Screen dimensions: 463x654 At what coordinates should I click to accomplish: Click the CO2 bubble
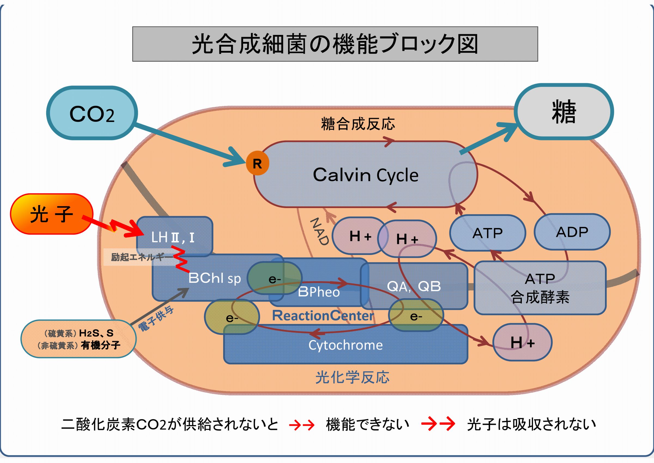point(92,113)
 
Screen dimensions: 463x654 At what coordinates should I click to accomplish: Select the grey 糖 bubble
point(564,112)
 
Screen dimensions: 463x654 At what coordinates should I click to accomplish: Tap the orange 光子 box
point(52,214)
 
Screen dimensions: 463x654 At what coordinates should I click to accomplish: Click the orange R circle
point(257,163)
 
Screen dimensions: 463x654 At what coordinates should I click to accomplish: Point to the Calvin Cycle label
point(365,175)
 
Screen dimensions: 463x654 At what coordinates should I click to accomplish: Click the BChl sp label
point(214,278)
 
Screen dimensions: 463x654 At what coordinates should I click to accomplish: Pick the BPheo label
point(319,292)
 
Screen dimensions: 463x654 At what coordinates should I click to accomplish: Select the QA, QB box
point(414,286)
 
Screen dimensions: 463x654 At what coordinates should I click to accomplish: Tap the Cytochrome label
point(346,345)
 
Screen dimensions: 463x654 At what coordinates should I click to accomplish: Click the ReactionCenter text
point(323,316)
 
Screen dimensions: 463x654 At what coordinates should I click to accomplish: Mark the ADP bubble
point(572,232)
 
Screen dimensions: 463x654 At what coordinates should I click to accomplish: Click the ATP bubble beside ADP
point(488,233)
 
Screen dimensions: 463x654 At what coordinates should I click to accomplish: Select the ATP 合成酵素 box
point(540,288)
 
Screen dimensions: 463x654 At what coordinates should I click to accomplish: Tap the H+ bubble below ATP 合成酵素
point(522,342)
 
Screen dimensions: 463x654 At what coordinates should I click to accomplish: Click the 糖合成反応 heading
point(358,124)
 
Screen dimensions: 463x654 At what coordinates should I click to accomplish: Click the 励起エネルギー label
point(140,257)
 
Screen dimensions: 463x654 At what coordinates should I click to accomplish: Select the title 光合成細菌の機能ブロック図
point(335,44)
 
